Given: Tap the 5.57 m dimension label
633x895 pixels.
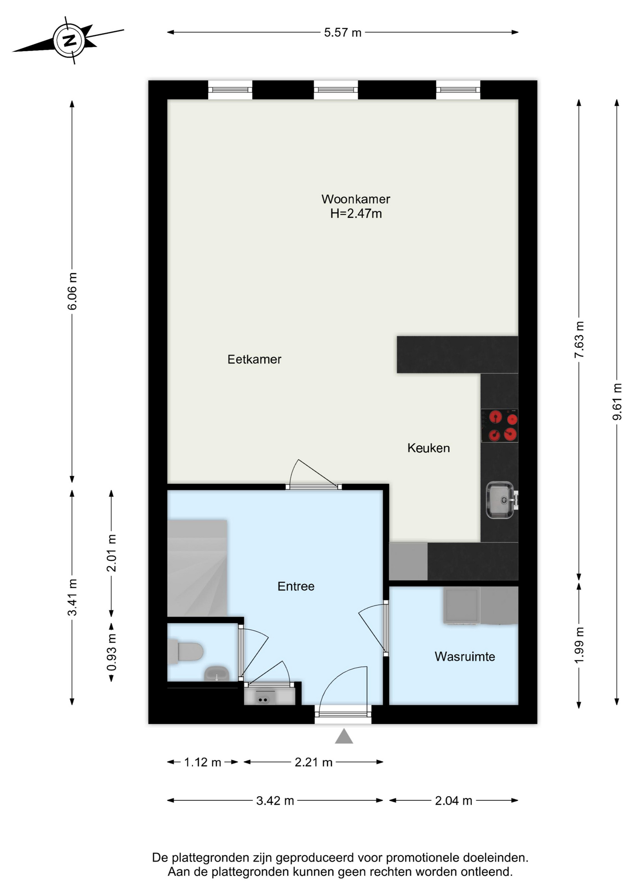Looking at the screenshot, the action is pos(343,33).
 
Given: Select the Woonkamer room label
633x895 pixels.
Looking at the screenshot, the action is pos(356,199).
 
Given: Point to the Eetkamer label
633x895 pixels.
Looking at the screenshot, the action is pos(254,359).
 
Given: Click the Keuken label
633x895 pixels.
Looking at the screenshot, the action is pos(428,448).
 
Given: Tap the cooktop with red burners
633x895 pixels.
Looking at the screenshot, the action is pos(500,426).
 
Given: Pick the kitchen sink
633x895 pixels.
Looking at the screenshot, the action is pos(501,500).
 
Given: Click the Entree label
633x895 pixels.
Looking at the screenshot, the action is pos(296,586).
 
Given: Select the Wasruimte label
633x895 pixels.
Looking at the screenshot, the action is pos(465,657).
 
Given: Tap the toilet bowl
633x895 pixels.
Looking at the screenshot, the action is pos(186,651).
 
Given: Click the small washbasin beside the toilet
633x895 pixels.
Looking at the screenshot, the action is pos(216,673).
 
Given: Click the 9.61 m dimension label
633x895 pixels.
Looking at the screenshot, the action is pos(617,402).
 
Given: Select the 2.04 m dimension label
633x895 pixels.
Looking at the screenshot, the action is pos(454,801).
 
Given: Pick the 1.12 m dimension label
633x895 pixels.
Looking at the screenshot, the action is pos(202,763).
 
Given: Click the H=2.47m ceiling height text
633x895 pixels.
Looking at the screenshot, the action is pos(356,213).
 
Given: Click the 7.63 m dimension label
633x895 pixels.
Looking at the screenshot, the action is pos(579,340).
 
